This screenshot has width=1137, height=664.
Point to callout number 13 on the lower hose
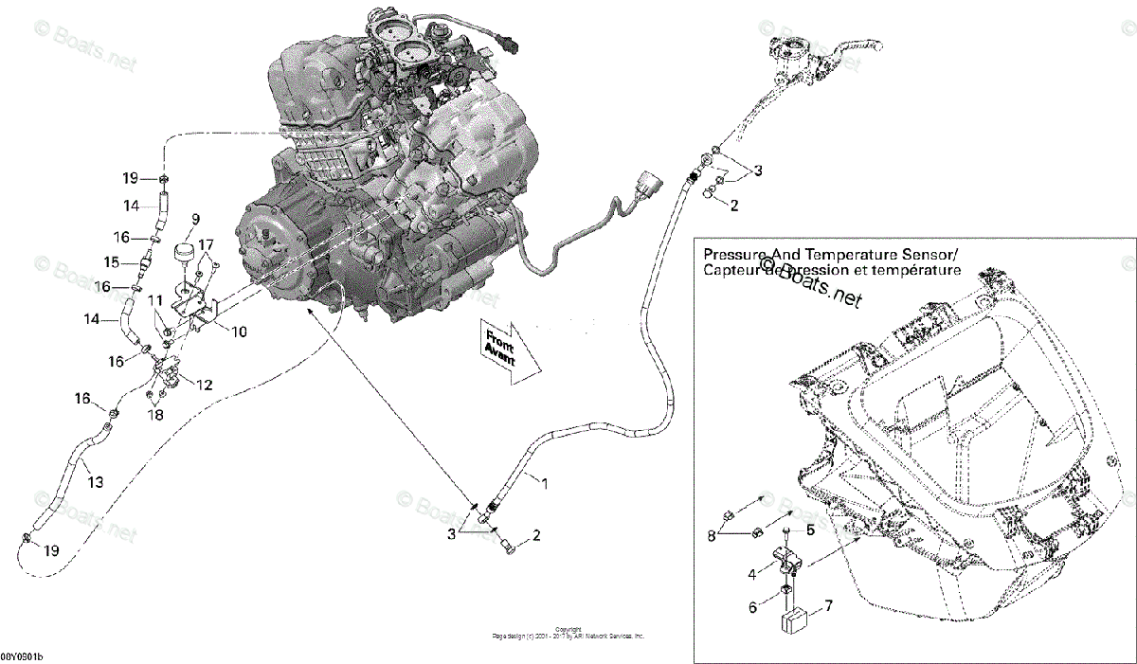pos(95,482)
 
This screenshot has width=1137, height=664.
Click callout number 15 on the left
pos(112,261)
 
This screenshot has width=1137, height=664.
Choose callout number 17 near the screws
pos(206,244)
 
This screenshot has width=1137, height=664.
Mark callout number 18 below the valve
pos(155,414)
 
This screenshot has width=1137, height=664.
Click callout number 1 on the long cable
pos(544,482)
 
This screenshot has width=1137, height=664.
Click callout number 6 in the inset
pos(753,607)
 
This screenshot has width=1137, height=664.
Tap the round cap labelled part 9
pos(184,257)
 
